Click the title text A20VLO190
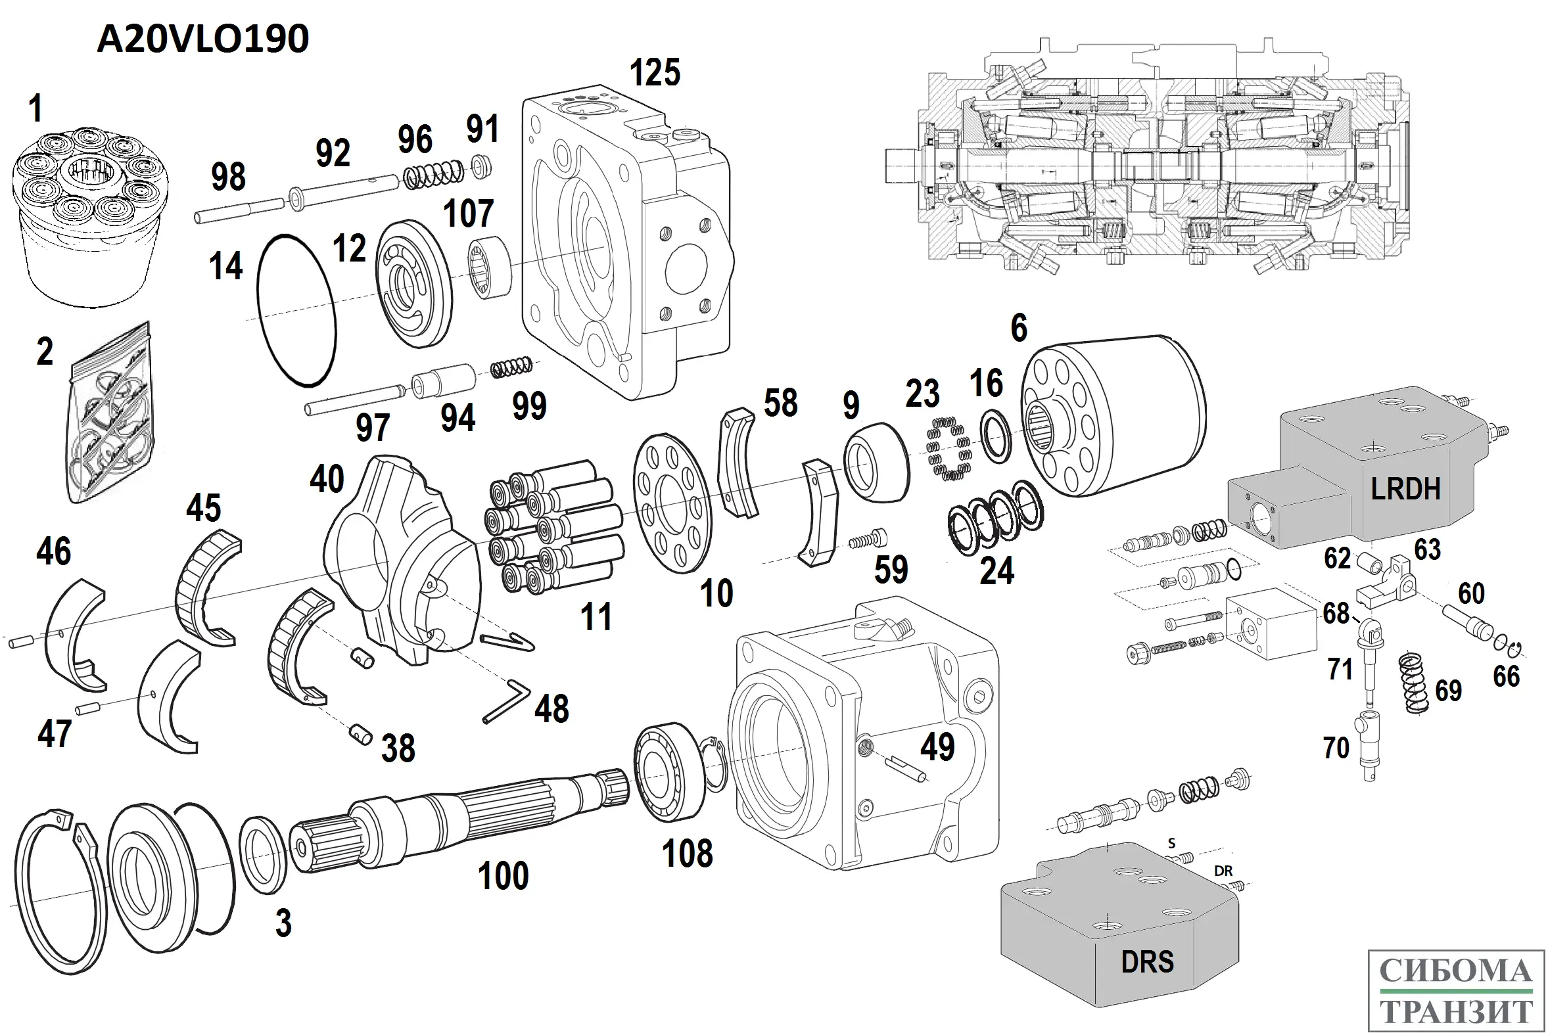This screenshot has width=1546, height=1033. (203, 39)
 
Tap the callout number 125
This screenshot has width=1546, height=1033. (655, 72)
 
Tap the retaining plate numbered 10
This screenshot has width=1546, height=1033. (672, 503)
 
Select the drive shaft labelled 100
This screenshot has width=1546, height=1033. (461, 823)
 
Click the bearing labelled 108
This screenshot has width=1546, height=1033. (668, 772)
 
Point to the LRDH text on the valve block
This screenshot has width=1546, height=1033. (1405, 490)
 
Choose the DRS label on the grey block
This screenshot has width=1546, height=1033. (1147, 962)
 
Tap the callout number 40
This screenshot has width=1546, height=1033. (327, 479)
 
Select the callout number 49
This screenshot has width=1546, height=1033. (937, 747)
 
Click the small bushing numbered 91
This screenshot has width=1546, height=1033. (482, 166)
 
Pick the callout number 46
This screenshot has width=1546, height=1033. (53, 551)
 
